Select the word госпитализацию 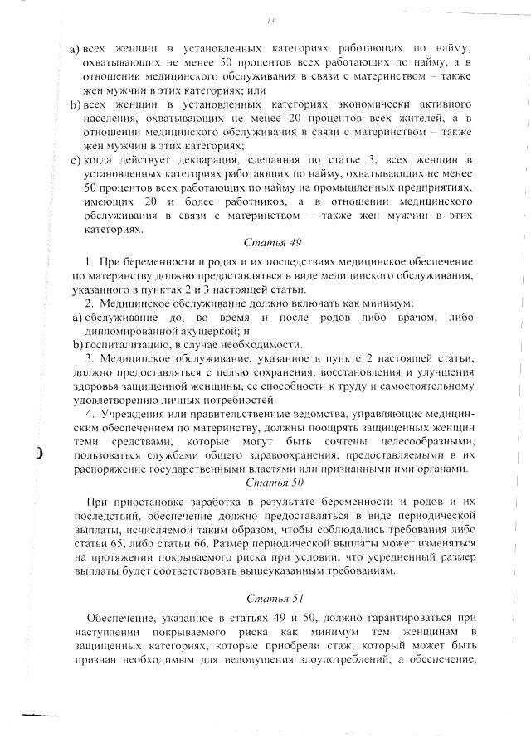tap(124, 344)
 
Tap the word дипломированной tap(131, 331)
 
